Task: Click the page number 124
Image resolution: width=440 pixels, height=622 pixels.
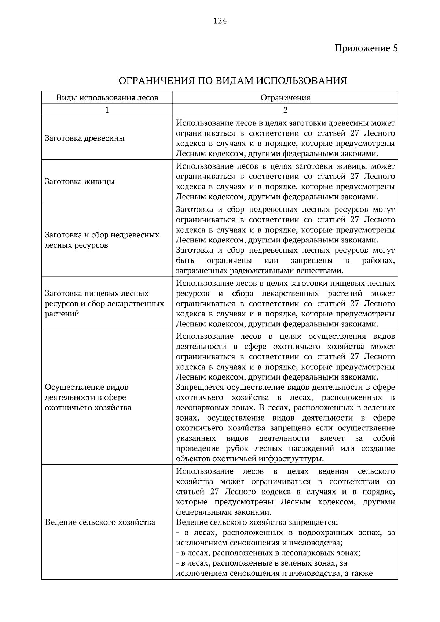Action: click(x=220, y=21)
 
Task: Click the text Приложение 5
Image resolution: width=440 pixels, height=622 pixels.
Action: click(x=366, y=48)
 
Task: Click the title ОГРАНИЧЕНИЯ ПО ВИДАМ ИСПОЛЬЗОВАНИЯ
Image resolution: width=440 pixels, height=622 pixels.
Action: click(x=233, y=81)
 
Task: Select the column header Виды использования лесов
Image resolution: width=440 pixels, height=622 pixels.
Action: click(x=107, y=98)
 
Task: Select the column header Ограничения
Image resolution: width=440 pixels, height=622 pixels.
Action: click(x=285, y=98)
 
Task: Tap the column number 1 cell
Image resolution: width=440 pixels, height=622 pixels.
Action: click(x=107, y=110)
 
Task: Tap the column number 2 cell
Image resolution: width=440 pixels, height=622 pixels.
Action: click(x=285, y=110)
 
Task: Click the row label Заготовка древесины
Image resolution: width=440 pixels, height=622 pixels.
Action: click(x=85, y=138)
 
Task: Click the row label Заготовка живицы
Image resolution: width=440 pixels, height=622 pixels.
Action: click(x=80, y=182)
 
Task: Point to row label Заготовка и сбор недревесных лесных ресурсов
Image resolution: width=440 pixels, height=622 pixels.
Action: click(x=102, y=240)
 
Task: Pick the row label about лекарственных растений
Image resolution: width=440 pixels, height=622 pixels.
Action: click(x=104, y=304)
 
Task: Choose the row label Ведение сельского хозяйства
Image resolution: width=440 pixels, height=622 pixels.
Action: click(x=100, y=522)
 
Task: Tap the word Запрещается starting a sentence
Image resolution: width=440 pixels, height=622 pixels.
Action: click(x=200, y=388)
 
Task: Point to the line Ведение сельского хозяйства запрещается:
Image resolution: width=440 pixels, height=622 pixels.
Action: click(x=257, y=522)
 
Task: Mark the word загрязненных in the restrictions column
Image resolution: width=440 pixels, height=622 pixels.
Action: click(x=200, y=271)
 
